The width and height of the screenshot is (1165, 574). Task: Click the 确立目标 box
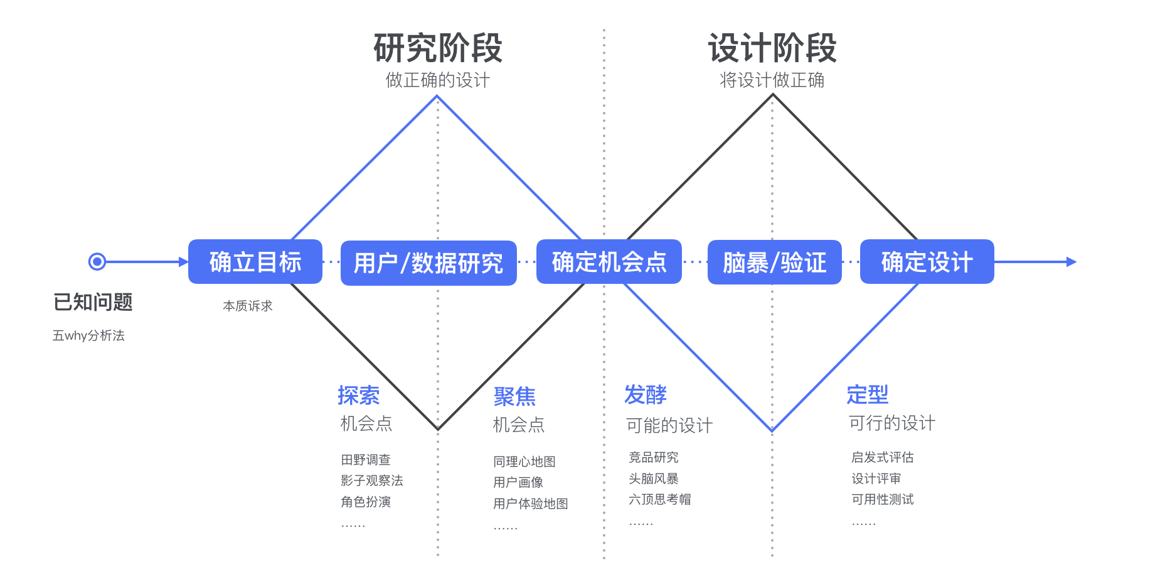click(x=255, y=262)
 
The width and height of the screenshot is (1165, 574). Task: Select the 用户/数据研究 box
click(x=428, y=263)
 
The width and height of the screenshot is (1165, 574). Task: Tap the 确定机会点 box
click(x=609, y=262)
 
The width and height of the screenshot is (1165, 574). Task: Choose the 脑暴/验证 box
click(x=774, y=263)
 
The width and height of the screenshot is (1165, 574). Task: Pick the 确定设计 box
click(x=927, y=262)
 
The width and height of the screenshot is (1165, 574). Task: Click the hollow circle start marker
click(x=97, y=261)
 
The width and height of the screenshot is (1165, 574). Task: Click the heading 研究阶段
click(x=438, y=48)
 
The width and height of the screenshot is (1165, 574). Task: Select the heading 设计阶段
click(x=772, y=48)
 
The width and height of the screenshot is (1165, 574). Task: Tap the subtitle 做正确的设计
click(x=437, y=80)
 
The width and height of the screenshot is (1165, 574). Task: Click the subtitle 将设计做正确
click(x=772, y=80)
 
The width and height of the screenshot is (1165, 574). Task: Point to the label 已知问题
click(x=93, y=302)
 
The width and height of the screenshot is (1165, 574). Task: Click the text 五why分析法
click(x=88, y=335)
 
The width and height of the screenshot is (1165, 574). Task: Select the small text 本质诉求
click(x=248, y=306)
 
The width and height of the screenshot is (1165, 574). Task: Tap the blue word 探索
click(x=359, y=396)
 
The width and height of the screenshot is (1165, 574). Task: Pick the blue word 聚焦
click(x=514, y=396)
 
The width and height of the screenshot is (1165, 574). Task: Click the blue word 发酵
click(x=646, y=395)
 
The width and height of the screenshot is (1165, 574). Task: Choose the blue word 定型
click(x=868, y=394)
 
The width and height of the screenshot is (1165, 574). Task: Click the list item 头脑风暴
click(x=654, y=479)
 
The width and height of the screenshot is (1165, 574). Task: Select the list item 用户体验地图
click(x=531, y=504)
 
